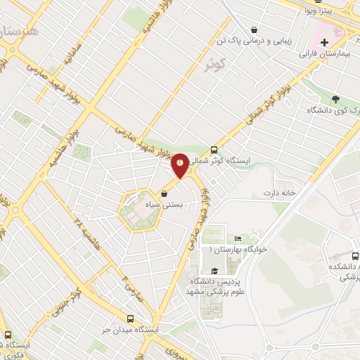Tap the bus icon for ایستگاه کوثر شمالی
[x=214, y=150]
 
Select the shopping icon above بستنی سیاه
[x=165, y=193]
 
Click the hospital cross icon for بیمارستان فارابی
[x=323, y=43]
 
